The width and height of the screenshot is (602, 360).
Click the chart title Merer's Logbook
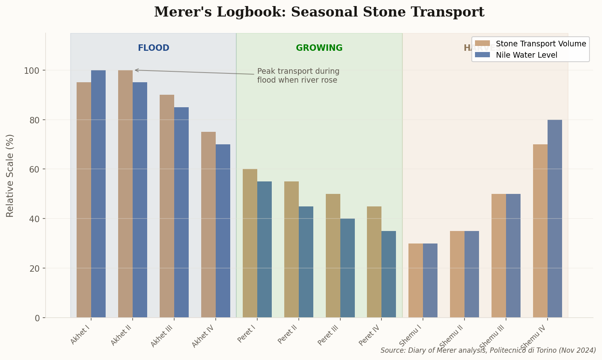319,12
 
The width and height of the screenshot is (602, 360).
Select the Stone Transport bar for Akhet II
125,194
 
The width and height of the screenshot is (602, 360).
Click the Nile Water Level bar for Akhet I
98,194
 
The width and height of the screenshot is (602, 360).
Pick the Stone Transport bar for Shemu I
416,281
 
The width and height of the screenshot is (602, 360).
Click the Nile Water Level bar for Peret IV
389,274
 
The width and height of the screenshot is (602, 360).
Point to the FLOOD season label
154,48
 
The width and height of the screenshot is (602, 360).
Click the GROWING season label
319,48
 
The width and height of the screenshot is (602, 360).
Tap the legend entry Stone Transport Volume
541,44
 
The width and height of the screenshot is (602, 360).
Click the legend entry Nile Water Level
527,55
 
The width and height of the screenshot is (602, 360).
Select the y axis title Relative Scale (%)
10,175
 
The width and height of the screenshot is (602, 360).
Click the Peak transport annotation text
298,76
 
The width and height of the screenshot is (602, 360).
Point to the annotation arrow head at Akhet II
135,70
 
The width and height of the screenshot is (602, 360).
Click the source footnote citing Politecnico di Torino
488,350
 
